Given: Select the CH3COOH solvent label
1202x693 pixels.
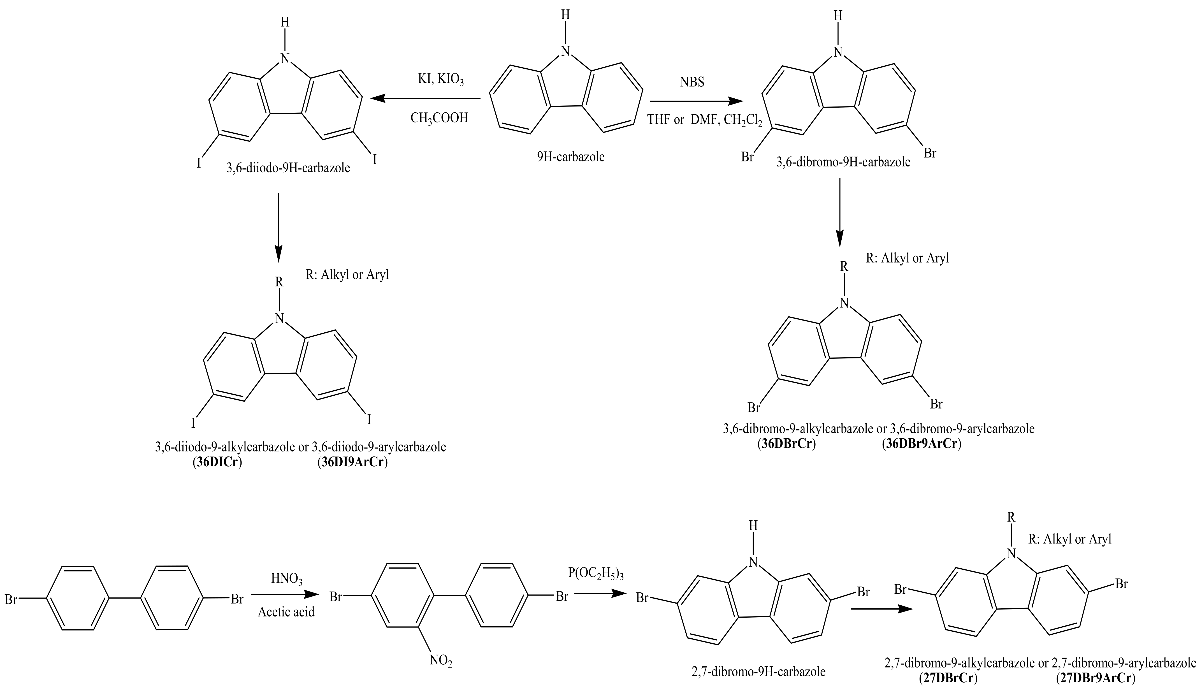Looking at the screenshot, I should pos(439,118).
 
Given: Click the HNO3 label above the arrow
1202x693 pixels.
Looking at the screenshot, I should pos(286,579).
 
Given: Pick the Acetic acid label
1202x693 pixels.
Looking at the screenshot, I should pos(286,612).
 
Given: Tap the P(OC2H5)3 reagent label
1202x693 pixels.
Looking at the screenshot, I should pos(595,574).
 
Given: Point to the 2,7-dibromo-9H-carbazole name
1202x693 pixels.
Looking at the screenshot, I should pos(758,672).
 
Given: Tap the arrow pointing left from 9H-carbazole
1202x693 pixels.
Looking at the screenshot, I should pos(425,99).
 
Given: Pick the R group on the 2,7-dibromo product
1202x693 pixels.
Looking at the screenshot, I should pos(1011,516).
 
